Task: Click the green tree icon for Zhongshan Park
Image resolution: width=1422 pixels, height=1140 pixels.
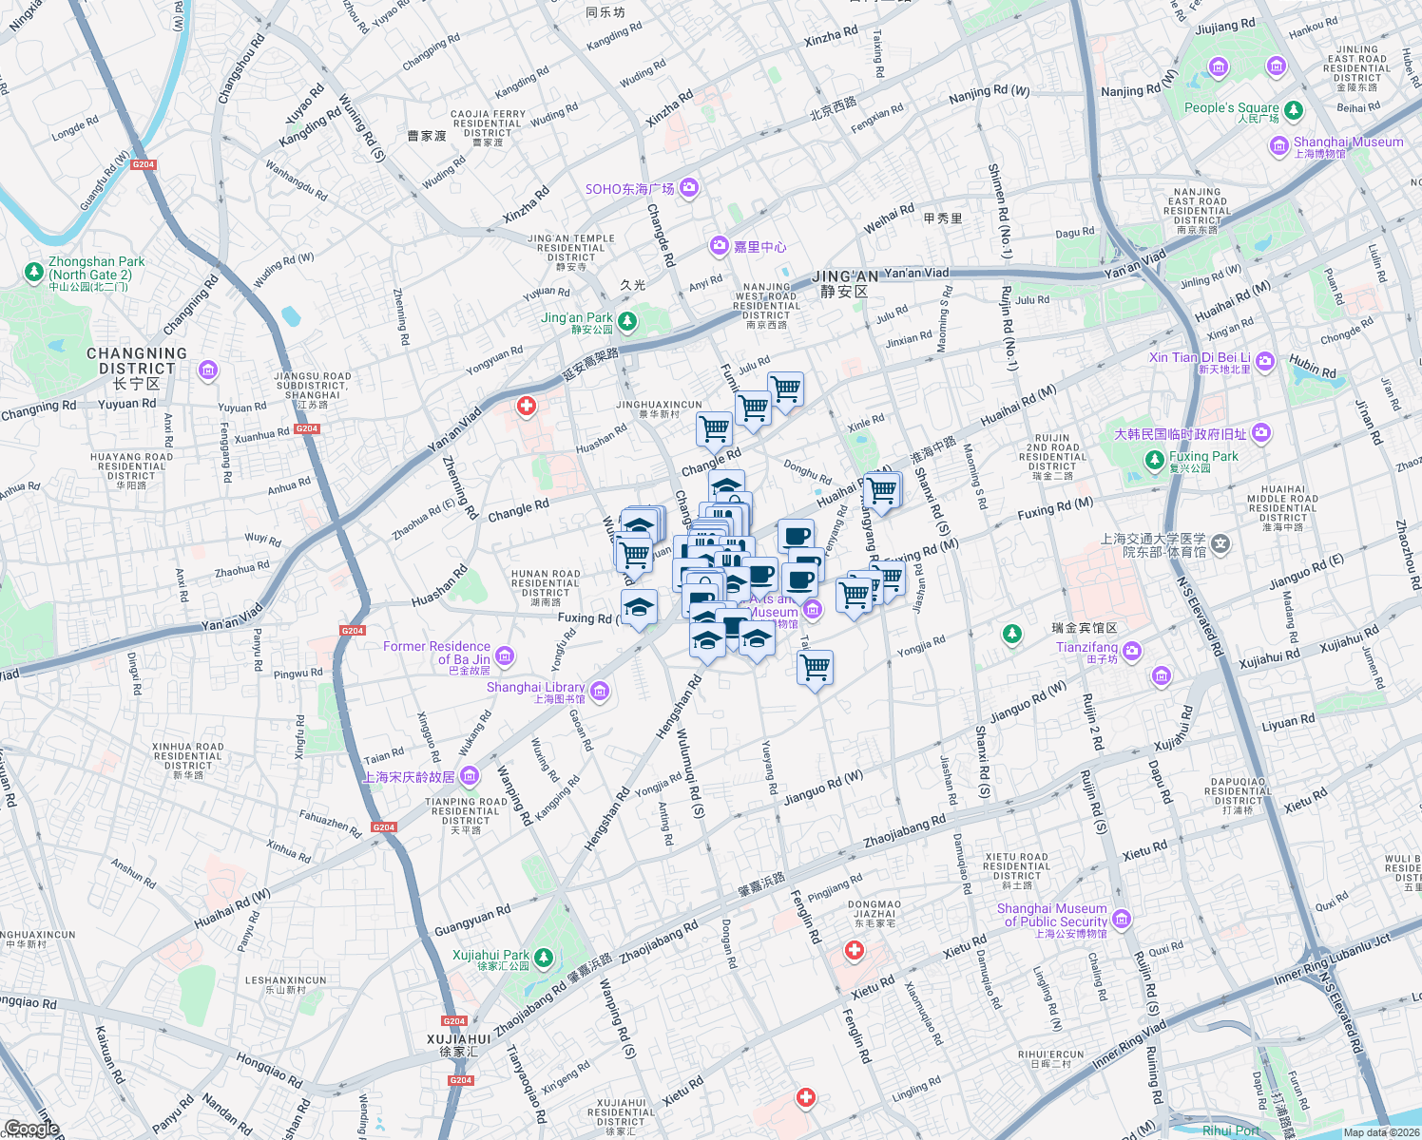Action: [35, 273]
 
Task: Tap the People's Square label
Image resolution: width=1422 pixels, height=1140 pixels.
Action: [1231, 108]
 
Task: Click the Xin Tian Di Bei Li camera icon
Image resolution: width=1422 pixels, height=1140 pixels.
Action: [1264, 361]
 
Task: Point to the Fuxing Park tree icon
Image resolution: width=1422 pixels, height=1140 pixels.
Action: [1154, 461]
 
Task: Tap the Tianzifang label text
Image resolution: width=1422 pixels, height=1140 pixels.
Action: [1086, 647]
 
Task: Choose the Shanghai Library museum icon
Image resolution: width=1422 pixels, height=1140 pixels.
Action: [600, 691]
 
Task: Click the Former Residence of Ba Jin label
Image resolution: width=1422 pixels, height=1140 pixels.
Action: [436, 653]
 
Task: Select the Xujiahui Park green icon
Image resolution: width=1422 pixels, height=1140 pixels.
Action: [543, 957]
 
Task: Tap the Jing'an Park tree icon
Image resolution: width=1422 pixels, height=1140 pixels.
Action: [626, 321]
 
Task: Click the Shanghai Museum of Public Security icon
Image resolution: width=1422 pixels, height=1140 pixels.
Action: [1122, 919]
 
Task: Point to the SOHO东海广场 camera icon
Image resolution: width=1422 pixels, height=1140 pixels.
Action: [689, 188]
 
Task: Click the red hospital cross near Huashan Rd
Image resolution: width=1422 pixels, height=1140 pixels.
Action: [526, 407]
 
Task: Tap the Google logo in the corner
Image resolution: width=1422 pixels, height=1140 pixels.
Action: [31, 1129]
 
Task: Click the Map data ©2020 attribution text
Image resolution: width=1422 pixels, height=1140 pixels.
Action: [1380, 1132]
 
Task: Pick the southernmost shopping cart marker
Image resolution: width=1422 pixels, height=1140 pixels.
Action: [815, 668]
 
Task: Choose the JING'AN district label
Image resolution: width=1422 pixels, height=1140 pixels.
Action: [845, 276]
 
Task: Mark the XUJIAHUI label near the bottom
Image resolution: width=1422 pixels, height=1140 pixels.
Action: [459, 1039]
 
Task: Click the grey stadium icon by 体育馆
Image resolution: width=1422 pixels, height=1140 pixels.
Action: [1220, 545]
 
